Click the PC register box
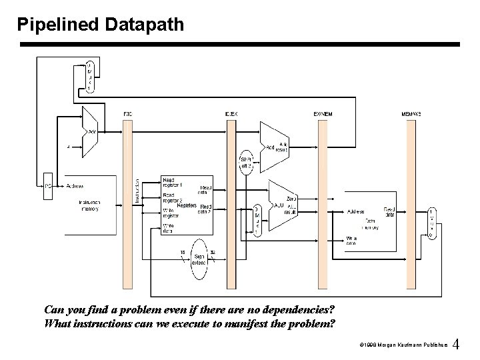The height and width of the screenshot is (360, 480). [x=47, y=186]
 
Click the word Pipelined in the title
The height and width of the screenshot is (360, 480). [x=58, y=25]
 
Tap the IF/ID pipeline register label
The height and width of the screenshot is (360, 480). [x=127, y=114]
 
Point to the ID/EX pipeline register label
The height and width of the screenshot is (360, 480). [x=231, y=114]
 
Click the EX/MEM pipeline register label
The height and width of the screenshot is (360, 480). [x=323, y=114]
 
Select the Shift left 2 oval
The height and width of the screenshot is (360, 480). [x=246, y=161]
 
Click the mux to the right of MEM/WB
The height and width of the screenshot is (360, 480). [x=431, y=223]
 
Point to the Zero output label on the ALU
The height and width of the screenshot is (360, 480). [x=291, y=199]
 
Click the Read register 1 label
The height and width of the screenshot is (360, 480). [x=173, y=182]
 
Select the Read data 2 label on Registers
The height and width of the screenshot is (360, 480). [x=206, y=209]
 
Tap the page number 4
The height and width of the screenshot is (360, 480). [x=456, y=345]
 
